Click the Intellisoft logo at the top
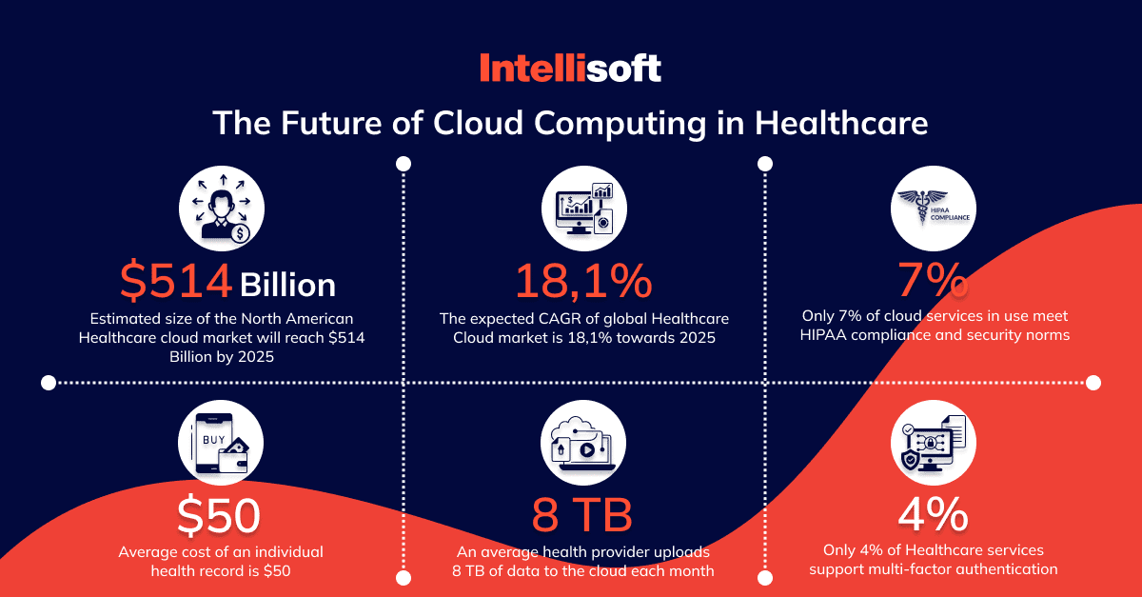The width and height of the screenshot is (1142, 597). [570, 68]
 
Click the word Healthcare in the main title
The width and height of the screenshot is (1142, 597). [841, 123]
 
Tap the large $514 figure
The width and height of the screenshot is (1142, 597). [176, 280]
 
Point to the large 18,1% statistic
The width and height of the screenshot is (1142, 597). [583, 281]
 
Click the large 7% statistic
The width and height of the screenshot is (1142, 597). [933, 280]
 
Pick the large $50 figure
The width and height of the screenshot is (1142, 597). [219, 515]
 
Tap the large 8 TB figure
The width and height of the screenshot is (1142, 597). [582, 515]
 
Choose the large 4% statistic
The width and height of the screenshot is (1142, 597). [933, 514]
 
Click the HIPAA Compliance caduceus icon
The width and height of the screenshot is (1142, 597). [933, 209]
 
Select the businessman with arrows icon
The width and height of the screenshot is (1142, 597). [222, 209]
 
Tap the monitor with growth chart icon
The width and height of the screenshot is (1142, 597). [584, 209]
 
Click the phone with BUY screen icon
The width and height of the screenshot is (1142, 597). [221, 443]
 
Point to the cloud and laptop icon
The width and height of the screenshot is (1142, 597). [583, 443]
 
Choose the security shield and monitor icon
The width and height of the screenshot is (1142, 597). [933, 443]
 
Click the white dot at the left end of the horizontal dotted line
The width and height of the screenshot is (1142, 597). [49, 383]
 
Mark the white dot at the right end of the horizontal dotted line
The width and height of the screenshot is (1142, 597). [1093, 383]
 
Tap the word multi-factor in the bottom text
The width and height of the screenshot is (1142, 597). [904, 569]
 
